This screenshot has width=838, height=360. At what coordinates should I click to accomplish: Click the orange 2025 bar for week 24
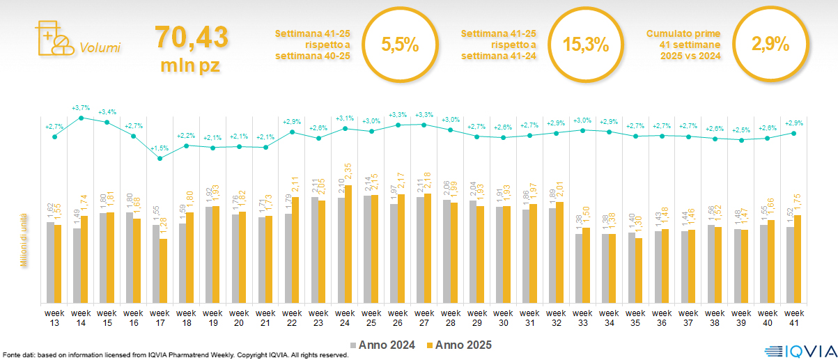[348, 244]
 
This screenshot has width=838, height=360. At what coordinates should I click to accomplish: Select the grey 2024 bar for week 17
[156, 264]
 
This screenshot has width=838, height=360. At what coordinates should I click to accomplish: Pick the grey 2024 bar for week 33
[577, 268]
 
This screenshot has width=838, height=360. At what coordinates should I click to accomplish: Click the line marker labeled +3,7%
[81, 118]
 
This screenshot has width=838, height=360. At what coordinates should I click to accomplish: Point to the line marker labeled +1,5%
[160, 158]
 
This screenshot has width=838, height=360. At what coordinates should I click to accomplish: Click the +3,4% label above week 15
[107, 112]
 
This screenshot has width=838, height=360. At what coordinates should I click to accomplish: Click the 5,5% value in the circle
[400, 45]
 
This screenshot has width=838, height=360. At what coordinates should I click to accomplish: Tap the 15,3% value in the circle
[585, 45]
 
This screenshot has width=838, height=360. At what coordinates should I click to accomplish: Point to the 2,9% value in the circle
[770, 45]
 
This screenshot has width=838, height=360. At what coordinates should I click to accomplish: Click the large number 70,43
[191, 37]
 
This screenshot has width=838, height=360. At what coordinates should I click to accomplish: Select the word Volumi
[100, 48]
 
